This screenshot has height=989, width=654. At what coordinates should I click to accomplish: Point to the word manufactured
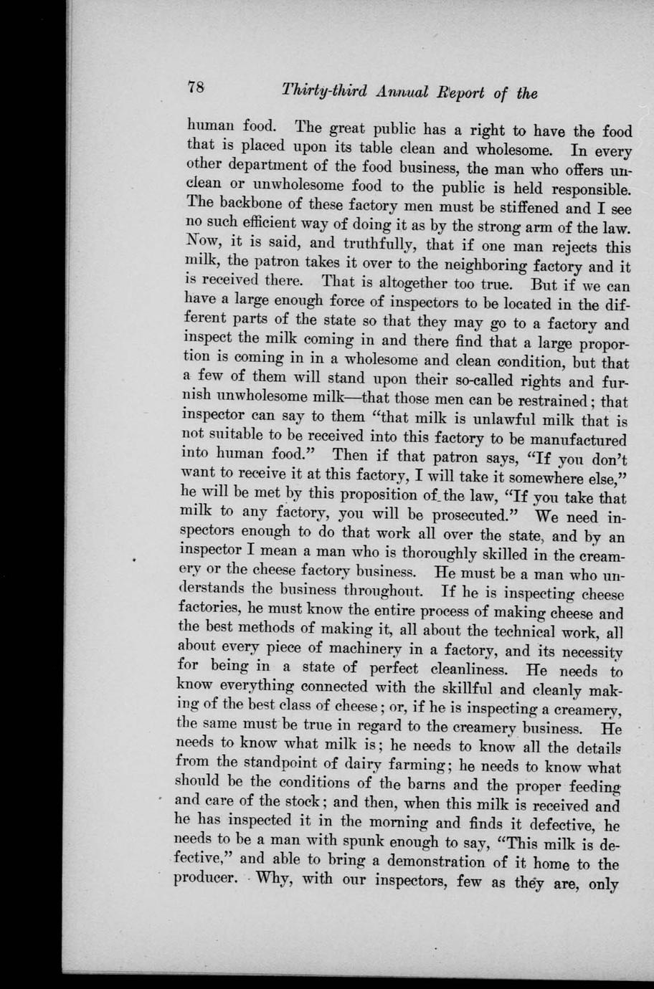pos(576,439)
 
